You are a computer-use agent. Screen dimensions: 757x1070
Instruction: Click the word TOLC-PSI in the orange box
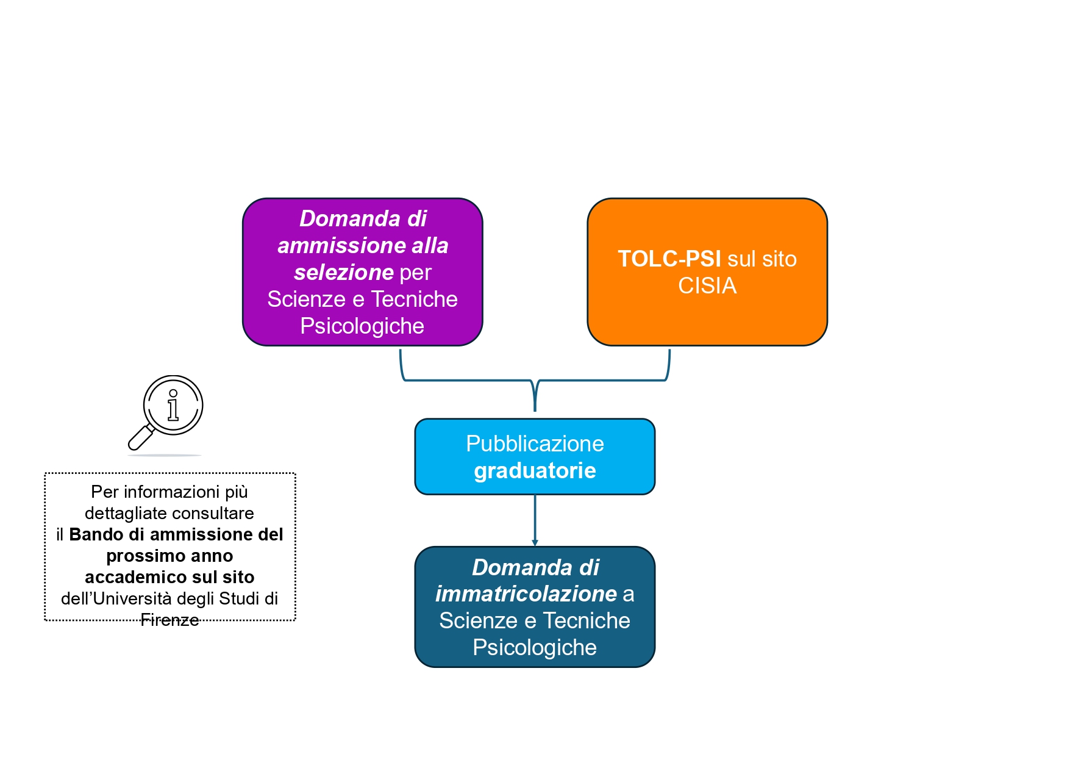669,259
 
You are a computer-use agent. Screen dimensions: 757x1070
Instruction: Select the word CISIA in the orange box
707,286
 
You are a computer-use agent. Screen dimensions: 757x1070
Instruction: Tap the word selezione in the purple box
343,272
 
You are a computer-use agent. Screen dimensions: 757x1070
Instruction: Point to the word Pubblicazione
535,444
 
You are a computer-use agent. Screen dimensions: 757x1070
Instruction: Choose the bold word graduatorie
535,471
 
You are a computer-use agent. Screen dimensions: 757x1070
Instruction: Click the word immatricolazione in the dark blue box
526,594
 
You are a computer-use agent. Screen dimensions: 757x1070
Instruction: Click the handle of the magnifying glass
140,437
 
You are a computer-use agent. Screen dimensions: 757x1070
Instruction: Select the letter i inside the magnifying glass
173,406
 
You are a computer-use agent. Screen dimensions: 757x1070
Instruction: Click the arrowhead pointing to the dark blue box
535,542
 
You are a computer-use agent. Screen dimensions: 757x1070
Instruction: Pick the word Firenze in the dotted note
169,620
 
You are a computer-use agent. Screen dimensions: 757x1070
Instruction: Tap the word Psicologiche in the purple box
362,326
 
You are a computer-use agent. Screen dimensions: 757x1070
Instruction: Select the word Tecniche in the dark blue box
587,621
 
